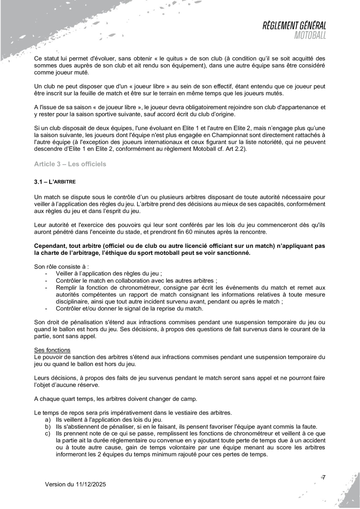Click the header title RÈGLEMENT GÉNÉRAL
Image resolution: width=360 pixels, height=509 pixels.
[x=295, y=26]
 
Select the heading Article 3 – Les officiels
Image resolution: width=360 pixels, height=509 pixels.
[x=70, y=164]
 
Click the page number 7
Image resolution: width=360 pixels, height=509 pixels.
[x=323, y=477]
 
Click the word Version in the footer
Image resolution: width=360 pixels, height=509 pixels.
[x=56, y=484]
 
